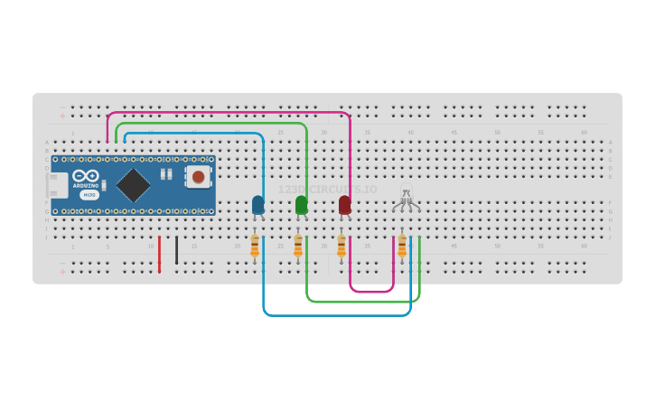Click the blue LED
258,205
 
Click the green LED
301,205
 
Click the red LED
344,205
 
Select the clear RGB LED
406,196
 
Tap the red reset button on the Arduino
198,176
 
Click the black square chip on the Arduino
133,185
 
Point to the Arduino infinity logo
85,175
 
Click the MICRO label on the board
89,195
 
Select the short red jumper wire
159,255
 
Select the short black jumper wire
176,251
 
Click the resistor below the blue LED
255,246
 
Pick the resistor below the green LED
298,246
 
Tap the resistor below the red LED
342,246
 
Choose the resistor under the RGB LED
402,246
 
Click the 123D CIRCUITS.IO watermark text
327,190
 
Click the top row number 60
584,133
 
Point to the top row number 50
497,133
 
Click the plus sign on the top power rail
62,116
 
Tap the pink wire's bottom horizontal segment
371,292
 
